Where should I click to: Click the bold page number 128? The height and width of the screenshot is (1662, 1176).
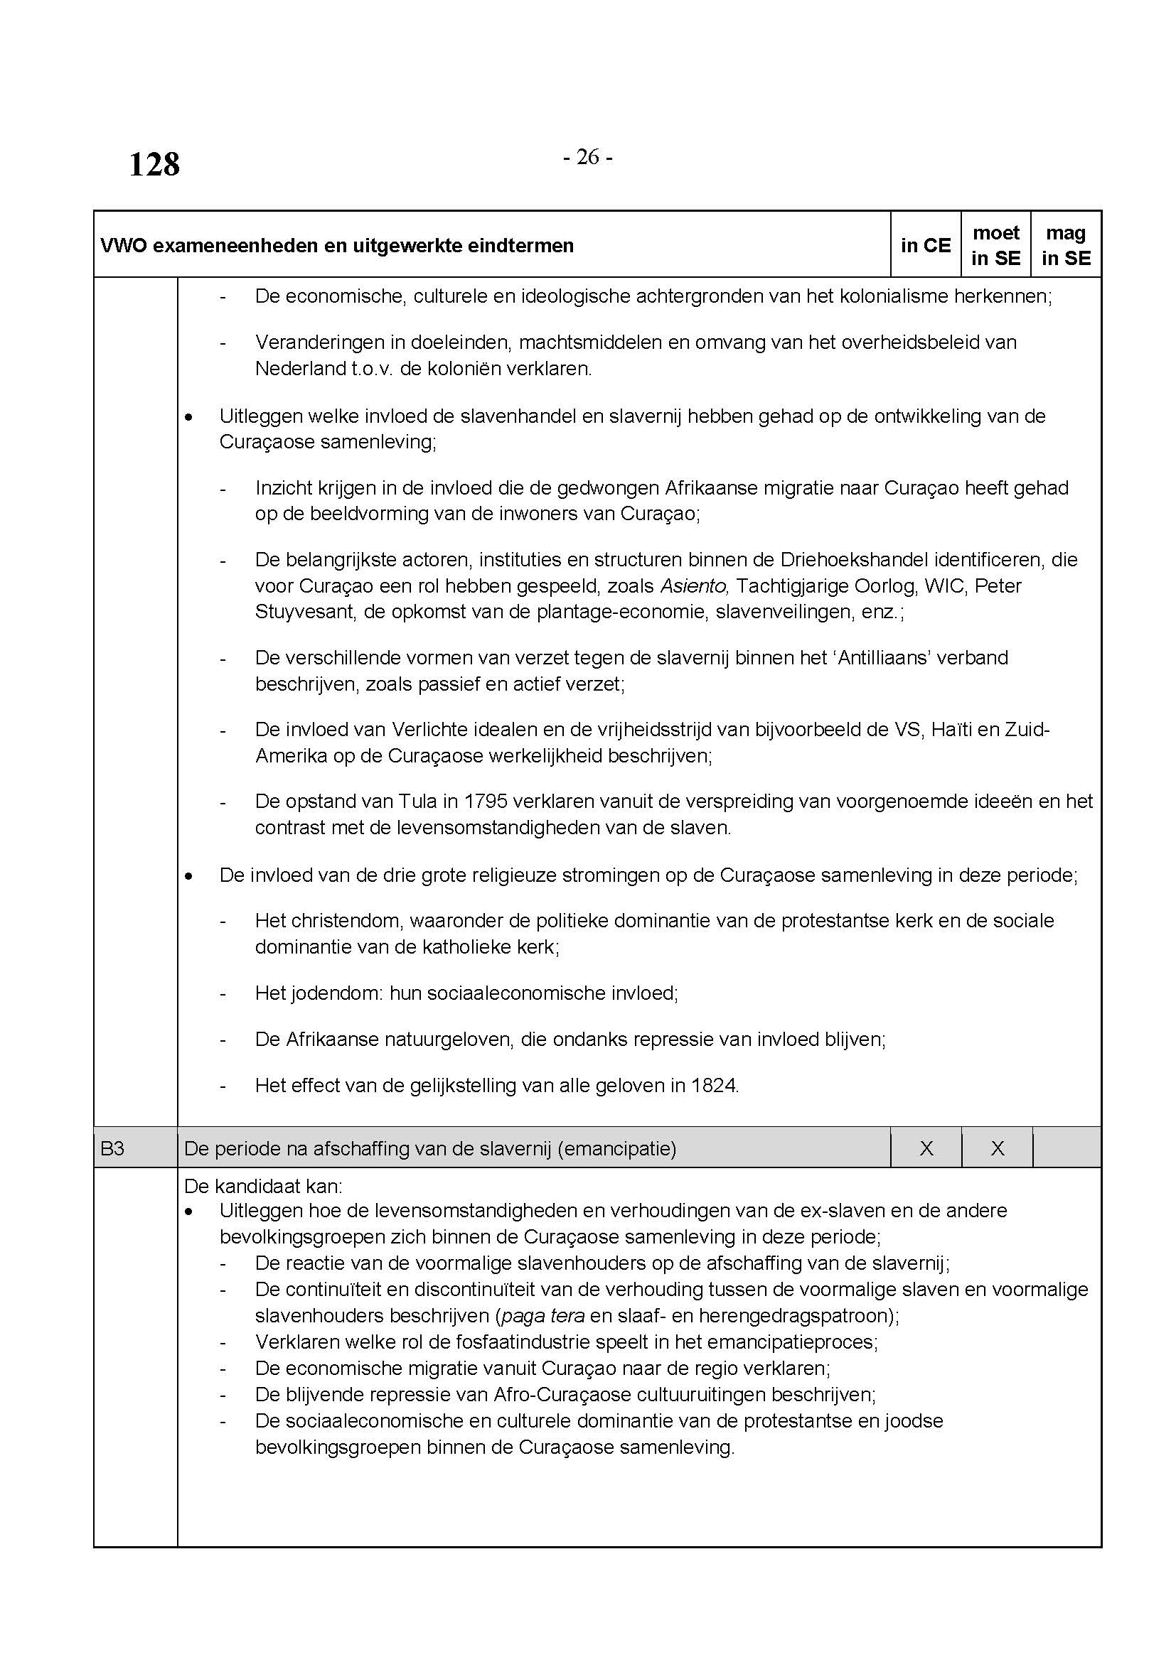(154, 164)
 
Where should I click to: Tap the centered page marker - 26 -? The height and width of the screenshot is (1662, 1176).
(587, 156)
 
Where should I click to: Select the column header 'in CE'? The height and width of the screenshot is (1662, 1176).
(926, 245)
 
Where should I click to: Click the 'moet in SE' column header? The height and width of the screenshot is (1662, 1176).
(996, 245)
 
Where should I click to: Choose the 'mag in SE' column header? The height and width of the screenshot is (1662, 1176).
(1066, 245)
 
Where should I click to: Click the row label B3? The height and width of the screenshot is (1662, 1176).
(113, 1148)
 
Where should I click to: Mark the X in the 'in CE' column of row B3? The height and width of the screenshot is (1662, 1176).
(926, 1148)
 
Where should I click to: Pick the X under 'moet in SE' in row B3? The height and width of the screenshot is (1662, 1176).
(997, 1148)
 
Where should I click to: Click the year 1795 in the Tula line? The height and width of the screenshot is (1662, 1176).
(486, 802)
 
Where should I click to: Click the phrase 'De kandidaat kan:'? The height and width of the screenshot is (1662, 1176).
(264, 1187)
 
